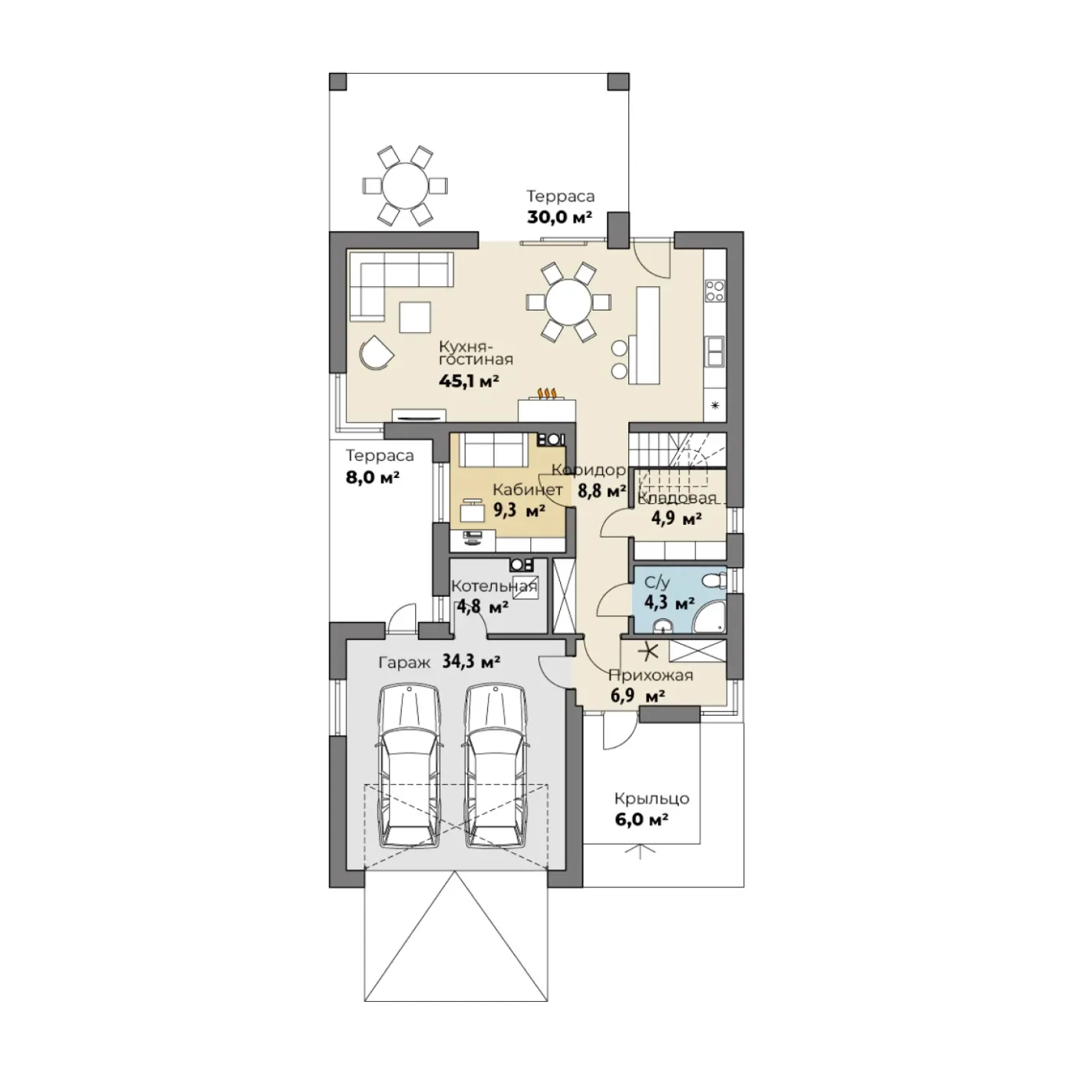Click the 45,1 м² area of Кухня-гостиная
point(468,381)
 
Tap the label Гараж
point(404,664)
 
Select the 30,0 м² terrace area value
point(559,217)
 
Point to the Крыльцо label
point(651,799)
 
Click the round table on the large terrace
point(404,186)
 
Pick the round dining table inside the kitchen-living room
point(568,302)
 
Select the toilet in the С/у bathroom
point(713,581)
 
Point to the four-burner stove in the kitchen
point(715,289)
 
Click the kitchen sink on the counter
point(714,351)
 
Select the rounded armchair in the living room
point(375,351)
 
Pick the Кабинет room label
point(527,490)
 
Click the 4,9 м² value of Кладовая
point(676,519)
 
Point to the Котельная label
point(494,586)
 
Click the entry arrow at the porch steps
point(640,851)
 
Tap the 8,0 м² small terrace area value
point(373,478)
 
